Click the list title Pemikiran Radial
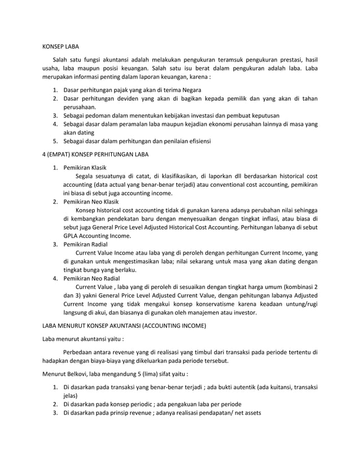(x=85, y=244)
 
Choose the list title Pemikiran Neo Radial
(x=91, y=278)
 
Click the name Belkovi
(x=82, y=374)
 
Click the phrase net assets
(x=245, y=413)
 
